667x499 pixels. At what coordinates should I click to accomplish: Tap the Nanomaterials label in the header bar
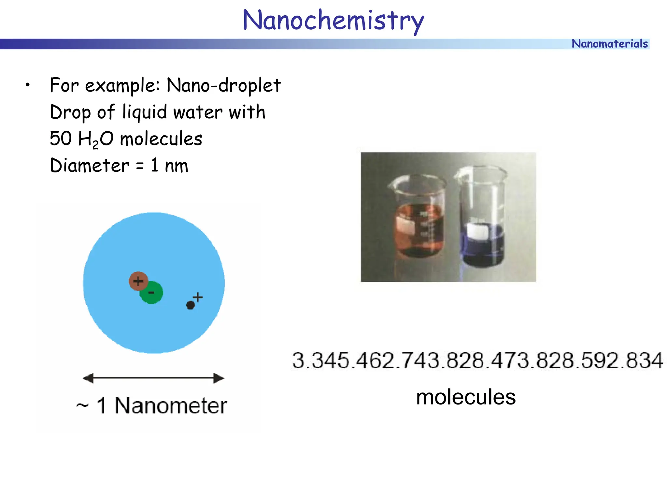[x=609, y=44]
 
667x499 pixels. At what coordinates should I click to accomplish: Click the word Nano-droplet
[x=223, y=85]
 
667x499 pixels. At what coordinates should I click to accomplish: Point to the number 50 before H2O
[x=61, y=138]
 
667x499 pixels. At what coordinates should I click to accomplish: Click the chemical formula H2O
[x=96, y=139]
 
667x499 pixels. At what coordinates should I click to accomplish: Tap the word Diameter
[x=90, y=165]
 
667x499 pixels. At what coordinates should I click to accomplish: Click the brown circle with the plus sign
[x=138, y=281]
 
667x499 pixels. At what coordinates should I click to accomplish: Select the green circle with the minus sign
[x=152, y=293]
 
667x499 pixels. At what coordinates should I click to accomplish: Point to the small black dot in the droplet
[x=191, y=305]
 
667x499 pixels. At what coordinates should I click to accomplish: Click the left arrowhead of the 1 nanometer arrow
[x=88, y=378]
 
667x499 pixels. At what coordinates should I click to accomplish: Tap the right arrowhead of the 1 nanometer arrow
[x=219, y=378]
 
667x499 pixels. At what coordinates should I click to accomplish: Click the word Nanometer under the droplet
[x=171, y=406]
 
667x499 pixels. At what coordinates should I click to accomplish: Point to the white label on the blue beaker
[x=477, y=231]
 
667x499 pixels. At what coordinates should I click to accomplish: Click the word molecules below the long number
[x=466, y=397]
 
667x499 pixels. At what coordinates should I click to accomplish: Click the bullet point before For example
[x=28, y=85]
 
